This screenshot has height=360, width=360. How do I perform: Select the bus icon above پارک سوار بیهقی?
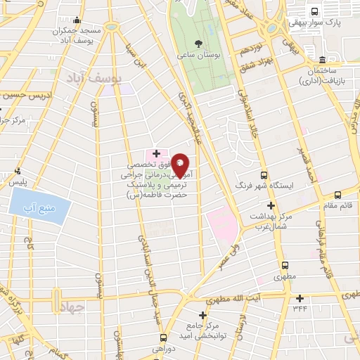[x=314, y=11]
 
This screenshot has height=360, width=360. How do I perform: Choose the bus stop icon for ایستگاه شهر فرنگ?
[x=264, y=176]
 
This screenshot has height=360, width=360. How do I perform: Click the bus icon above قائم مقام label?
[x=338, y=195]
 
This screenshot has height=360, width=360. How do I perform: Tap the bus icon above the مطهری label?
[x=285, y=265]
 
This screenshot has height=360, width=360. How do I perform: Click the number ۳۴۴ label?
[x=301, y=307]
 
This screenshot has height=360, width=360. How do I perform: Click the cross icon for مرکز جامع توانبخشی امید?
[x=203, y=316]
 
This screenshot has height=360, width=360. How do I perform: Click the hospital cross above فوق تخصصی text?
[x=156, y=153]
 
